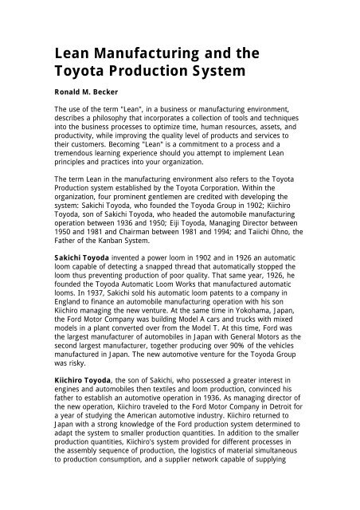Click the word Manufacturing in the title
(x=151, y=55)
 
